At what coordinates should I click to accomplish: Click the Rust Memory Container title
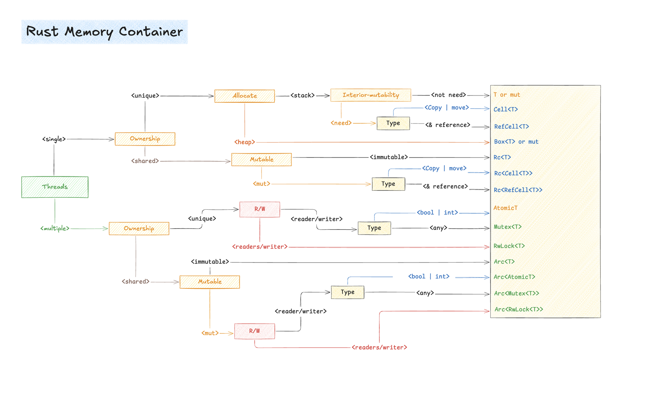point(104,32)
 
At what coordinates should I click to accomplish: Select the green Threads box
point(55,187)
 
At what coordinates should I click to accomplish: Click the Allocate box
point(244,96)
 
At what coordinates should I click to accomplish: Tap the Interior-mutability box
point(370,95)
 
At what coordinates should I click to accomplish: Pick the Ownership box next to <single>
point(145,139)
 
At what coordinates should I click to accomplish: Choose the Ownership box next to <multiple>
point(139,229)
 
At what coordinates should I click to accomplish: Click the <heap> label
point(245,142)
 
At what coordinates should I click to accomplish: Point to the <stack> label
point(302,95)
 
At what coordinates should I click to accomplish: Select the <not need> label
point(448,95)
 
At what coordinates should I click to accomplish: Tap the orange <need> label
point(341,123)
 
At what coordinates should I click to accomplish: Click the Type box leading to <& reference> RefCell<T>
point(393,123)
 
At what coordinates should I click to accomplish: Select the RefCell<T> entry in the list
point(511,126)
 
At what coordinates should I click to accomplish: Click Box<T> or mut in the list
point(516,142)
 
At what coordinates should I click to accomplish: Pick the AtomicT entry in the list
point(505,208)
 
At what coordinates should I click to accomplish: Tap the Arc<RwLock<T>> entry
point(518,309)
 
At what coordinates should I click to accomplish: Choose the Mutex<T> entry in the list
point(507,227)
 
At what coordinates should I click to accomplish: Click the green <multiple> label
point(55,228)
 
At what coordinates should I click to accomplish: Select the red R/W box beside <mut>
point(254,331)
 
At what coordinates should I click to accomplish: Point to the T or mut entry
point(506,95)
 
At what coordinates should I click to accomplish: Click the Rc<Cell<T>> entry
point(513,173)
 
